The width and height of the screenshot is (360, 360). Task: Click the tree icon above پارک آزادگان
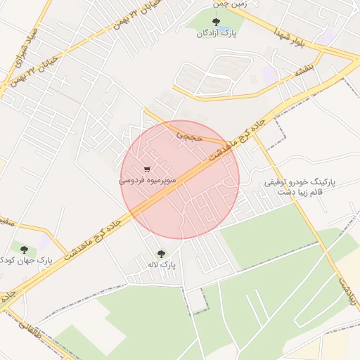point(216,22)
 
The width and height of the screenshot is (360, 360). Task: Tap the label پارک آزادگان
point(216,33)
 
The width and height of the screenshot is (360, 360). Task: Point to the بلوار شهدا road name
point(309,36)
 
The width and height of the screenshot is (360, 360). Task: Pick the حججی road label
point(189,133)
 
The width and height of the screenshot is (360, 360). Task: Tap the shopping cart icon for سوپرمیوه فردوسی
point(147,169)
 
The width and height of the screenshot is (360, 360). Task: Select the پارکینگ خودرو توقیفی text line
point(300,181)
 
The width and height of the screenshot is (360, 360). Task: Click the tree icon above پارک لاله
point(161,254)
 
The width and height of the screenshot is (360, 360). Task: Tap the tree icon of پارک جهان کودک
point(26,250)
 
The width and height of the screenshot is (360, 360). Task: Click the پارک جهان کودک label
point(27,261)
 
